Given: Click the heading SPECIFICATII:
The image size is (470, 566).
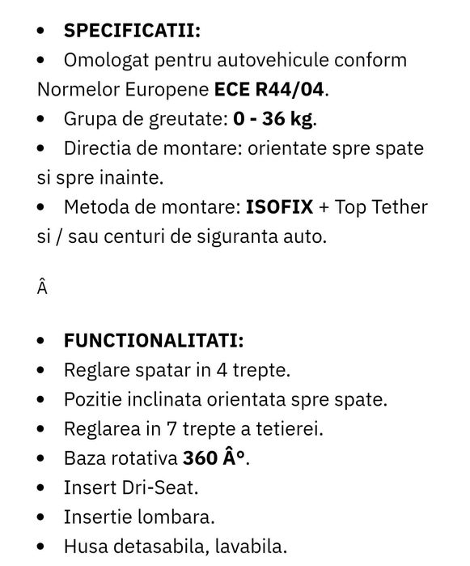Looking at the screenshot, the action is click(133, 31).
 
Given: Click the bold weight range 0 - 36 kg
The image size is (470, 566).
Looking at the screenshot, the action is click(272, 119).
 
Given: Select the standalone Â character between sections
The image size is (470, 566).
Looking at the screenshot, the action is click(43, 288).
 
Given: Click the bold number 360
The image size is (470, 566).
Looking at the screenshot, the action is click(201, 458).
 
